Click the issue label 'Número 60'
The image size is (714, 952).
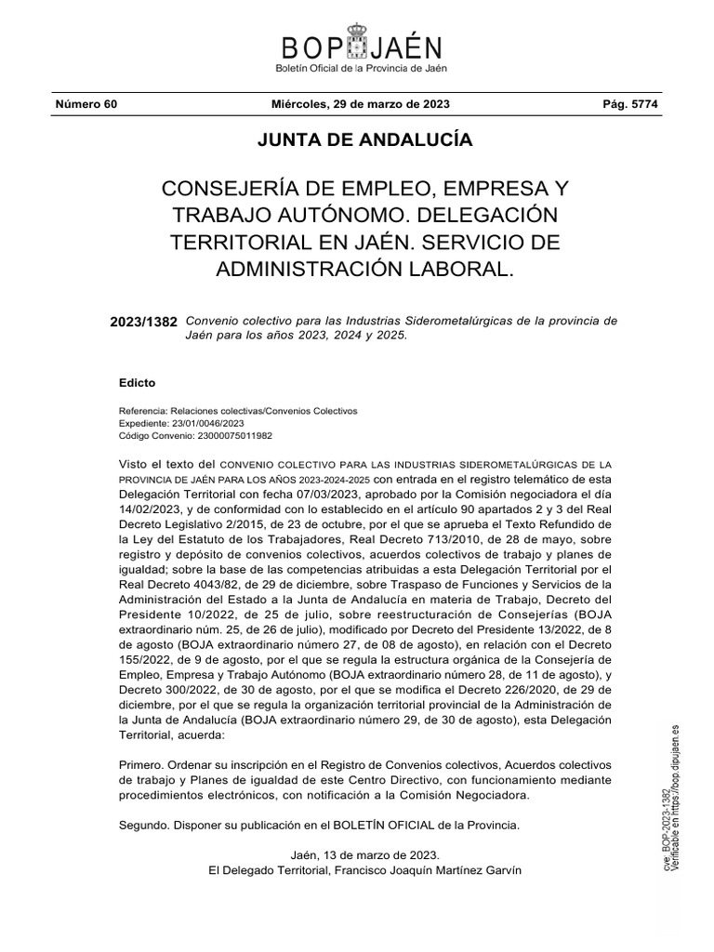pos(86,104)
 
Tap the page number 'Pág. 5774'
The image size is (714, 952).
pos(630,104)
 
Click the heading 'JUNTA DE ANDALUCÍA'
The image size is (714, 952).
pos(358,141)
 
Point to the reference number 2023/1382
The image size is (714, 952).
pos(143,322)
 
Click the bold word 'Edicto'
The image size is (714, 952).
pos(138,383)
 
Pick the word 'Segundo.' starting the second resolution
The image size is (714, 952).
pos(145,825)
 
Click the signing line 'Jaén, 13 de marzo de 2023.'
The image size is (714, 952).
pos(364,853)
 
